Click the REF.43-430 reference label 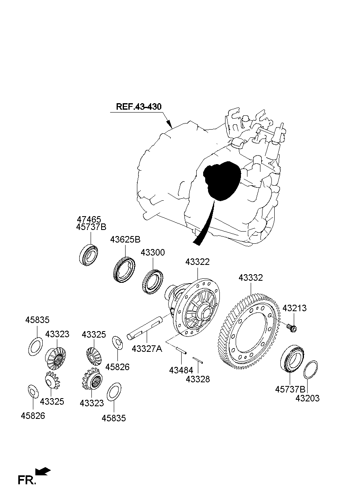pyautogui.click(x=139, y=107)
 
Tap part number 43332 pyautogui.click(x=250, y=278)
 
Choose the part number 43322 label pyautogui.click(x=197, y=262)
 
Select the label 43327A pyautogui.click(x=147, y=349)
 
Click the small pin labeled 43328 pyautogui.click(x=198, y=360)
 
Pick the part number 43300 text pyautogui.click(x=153, y=253)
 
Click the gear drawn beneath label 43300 pyautogui.click(x=153, y=282)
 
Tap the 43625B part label pyautogui.click(x=125, y=239)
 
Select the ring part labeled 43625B pyautogui.click(x=124, y=269)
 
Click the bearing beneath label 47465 pyautogui.click(x=89, y=255)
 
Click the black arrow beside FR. pyautogui.click(x=43, y=471)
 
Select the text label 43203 pyautogui.click(x=307, y=399)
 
